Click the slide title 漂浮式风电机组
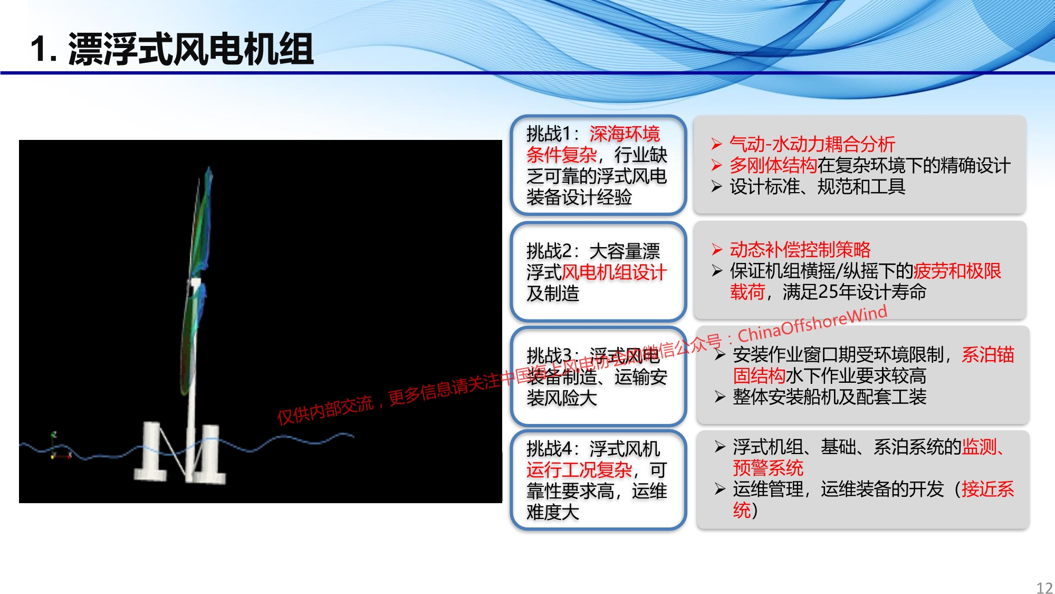[x=191, y=49]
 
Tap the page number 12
[x=1044, y=588]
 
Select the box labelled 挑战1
[x=598, y=165]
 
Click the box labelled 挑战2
[x=598, y=271]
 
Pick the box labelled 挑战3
[x=598, y=376]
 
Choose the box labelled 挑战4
[x=598, y=480]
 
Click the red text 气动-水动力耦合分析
[x=812, y=144]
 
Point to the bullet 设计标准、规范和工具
[x=818, y=186]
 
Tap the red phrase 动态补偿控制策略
[x=800, y=249]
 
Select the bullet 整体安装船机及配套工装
[x=830, y=397]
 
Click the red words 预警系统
[x=768, y=468]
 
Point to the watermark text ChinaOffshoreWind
[x=812, y=323]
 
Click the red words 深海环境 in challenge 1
[x=625, y=134]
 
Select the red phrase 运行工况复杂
[x=579, y=469]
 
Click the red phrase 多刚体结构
[x=773, y=165]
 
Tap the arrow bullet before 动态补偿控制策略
[x=716, y=249]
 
